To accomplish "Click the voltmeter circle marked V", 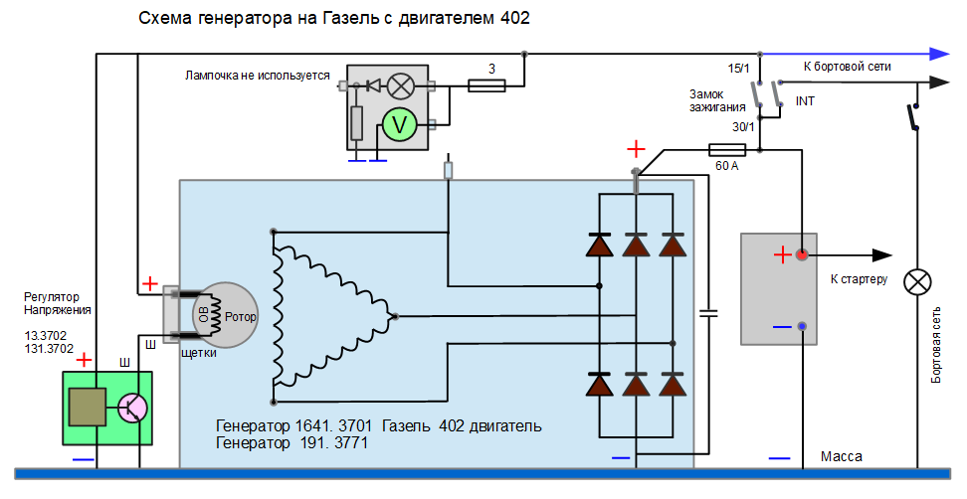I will point(399,124).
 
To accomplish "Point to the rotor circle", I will point(227,315).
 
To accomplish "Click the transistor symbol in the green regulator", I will point(131,408).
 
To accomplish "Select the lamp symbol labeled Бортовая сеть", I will point(915,282).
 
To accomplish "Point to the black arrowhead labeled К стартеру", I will point(881,255).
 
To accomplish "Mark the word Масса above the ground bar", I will point(841,456).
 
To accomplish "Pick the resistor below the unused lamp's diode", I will point(357,123).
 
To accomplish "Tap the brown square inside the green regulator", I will point(87,406).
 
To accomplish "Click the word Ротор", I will point(241,317).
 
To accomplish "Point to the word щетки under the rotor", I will point(199,353).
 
